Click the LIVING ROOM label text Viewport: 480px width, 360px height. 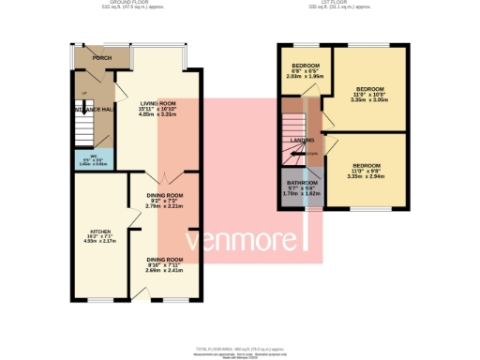point(158,103)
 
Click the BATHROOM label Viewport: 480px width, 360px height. point(302,182)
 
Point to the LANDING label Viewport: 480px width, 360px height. point(302,140)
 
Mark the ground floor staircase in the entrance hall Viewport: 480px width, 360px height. point(87,127)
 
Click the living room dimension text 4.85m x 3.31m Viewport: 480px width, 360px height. point(158,114)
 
